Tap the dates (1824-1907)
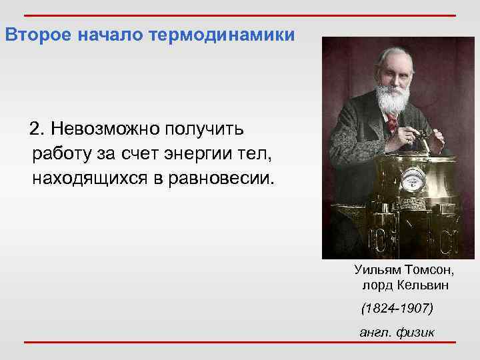397,309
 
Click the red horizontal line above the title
240,15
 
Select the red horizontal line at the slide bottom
240,343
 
